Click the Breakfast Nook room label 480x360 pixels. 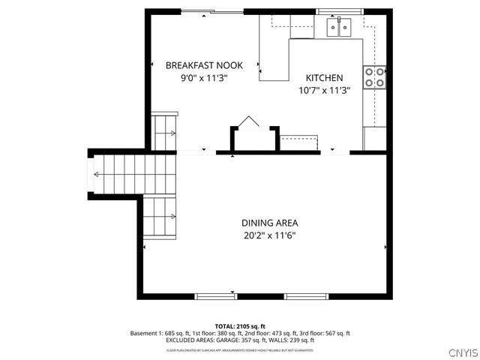[x=204, y=65]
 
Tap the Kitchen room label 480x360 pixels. [x=324, y=78]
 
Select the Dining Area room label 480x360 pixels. [x=269, y=223]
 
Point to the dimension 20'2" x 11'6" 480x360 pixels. [x=269, y=235]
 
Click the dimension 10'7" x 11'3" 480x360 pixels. [x=324, y=91]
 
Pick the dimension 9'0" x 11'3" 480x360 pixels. [x=204, y=77]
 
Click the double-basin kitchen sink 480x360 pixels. [x=340, y=28]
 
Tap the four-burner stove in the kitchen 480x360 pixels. [x=374, y=76]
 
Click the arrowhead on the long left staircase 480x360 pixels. [x=97, y=175]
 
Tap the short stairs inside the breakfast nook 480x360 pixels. [x=164, y=132]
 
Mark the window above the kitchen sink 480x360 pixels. [x=340, y=11]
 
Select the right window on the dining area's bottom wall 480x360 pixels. [x=307, y=295]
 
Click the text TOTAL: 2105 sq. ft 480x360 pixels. [x=239, y=326]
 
